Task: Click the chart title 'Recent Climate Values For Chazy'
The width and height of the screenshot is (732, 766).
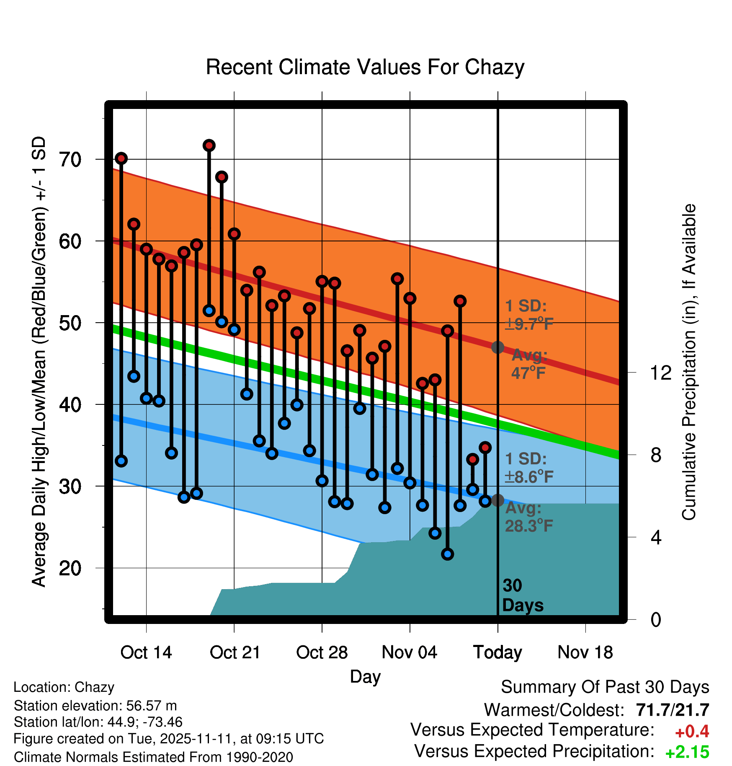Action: point(365,67)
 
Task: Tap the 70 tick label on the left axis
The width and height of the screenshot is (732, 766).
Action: point(70,159)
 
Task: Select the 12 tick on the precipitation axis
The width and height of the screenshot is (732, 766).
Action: point(661,373)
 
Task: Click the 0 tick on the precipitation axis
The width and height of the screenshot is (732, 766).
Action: point(656,619)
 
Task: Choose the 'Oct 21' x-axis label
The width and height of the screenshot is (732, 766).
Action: point(235,652)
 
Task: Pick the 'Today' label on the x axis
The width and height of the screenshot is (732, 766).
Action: point(497,653)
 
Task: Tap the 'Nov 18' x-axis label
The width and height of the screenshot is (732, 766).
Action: point(585,652)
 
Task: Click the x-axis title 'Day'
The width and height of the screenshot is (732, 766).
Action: point(365,677)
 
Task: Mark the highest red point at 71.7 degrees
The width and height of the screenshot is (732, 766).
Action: point(209,145)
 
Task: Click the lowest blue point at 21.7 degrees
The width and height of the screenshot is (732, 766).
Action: point(448,554)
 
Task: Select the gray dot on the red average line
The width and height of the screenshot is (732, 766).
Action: point(497,347)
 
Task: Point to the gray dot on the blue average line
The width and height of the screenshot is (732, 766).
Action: point(497,500)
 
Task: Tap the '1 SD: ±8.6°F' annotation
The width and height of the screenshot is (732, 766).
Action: point(529,468)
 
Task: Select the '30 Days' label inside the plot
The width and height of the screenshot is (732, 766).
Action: point(523,595)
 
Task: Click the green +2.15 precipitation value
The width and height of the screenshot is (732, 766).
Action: point(687,752)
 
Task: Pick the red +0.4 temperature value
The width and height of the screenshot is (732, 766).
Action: point(692,731)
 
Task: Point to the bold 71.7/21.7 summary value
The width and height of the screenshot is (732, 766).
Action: point(673,710)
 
